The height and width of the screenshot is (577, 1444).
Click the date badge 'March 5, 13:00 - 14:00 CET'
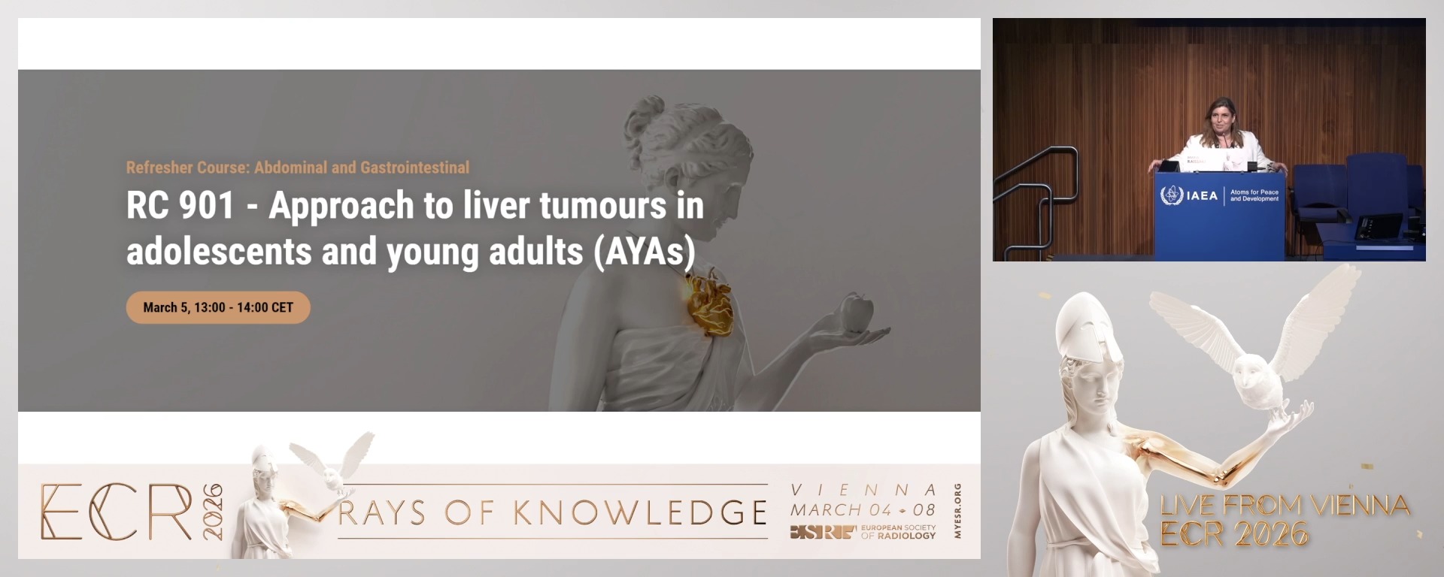pyautogui.click(x=218, y=307)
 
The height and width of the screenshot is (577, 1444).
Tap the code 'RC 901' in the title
pyautogui.click(x=180, y=205)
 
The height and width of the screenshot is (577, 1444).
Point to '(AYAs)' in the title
pyautogui.click(x=645, y=252)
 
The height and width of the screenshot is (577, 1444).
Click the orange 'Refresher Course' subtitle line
pyautogui.click(x=298, y=168)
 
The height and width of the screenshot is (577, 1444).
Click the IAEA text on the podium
pyautogui.click(x=1202, y=196)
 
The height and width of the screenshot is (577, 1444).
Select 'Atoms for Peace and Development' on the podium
pyautogui.click(x=1254, y=195)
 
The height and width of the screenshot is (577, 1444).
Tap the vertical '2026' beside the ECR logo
pyautogui.click(x=213, y=512)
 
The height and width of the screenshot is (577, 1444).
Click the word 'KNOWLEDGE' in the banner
pyautogui.click(x=640, y=512)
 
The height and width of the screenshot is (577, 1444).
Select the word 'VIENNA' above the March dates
pyautogui.click(x=863, y=490)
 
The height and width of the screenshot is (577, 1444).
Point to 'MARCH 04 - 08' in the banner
pyautogui.click(x=863, y=509)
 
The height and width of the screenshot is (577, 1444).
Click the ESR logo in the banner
pyautogui.click(x=823, y=533)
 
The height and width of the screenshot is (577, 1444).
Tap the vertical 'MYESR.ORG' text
pyautogui.click(x=957, y=511)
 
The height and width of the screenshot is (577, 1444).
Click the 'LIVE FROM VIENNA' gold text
pyautogui.click(x=1285, y=505)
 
